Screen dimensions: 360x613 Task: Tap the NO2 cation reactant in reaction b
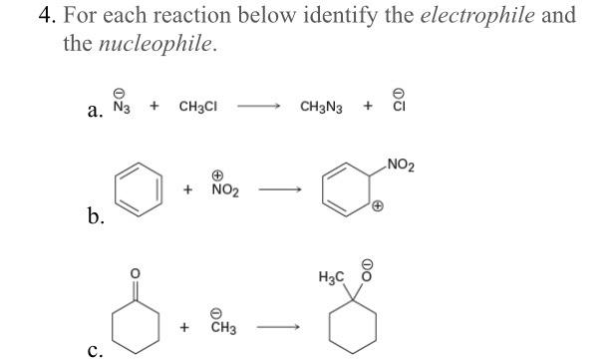coord(223,188)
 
